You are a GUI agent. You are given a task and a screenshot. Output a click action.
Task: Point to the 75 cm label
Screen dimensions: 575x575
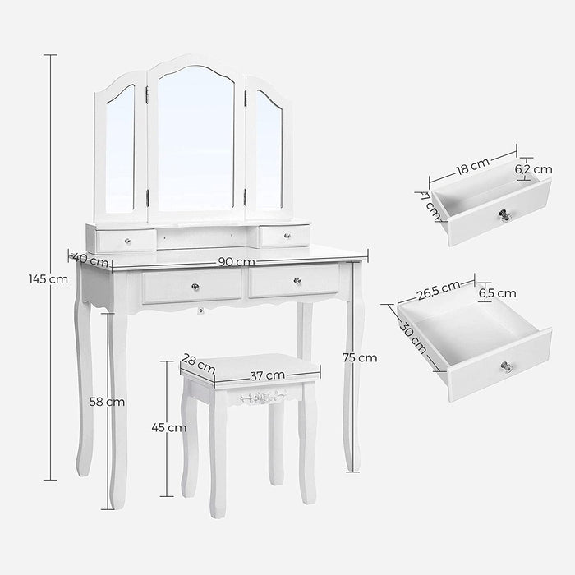(x=361, y=357)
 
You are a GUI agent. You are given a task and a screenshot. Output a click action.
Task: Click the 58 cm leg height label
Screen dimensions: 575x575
(x=108, y=402)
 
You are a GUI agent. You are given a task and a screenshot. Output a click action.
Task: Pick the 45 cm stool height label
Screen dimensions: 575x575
(x=170, y=427)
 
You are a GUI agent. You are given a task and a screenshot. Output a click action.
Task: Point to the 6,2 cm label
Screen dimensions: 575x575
(x=533, y=169)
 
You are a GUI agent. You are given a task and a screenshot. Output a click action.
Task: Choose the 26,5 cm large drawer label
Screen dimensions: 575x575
(x=439, y=289)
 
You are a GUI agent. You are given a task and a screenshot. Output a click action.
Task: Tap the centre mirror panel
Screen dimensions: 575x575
(x=195, y=140)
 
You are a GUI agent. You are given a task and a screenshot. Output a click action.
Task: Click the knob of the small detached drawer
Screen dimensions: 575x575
(x=501, y=217)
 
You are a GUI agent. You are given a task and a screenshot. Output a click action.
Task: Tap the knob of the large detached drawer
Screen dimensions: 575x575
(x=506, y=366)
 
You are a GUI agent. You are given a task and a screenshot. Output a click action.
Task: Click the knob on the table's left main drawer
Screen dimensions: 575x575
(x=195, y=286)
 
